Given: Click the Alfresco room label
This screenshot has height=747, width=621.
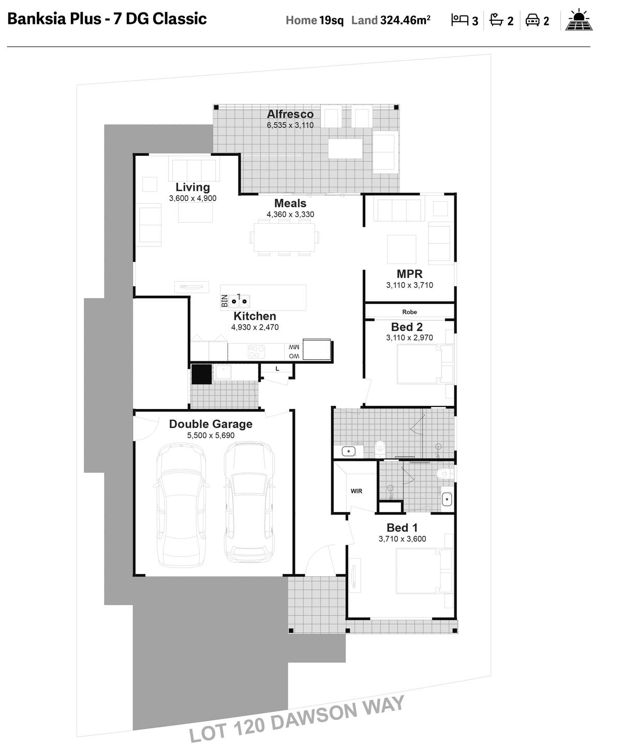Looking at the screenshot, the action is point(290,114).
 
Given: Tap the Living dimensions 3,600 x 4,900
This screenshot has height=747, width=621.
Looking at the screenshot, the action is point(193,198).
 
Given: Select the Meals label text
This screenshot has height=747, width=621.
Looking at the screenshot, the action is point(290,203).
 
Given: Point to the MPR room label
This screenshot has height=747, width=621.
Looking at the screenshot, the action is point(409,274).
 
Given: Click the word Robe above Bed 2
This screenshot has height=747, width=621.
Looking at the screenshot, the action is point(409,312).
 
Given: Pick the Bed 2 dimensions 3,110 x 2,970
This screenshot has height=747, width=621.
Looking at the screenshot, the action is point(409,338).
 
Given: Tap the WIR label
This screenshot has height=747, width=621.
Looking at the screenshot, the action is point(356,491).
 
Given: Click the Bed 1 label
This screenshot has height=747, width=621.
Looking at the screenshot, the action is point(402,528).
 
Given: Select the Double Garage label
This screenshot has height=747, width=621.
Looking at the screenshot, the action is point(211,424).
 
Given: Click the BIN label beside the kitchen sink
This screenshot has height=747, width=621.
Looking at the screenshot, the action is point(224,301).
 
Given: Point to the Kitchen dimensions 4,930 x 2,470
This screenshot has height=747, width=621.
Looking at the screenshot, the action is point(255,327).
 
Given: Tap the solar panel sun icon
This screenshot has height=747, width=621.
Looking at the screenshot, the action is point(579,20).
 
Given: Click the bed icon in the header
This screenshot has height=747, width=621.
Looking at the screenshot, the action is point(460,20).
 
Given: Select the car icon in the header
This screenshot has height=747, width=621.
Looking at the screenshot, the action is point(533,20).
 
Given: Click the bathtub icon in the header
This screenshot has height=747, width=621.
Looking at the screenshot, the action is point(496,20).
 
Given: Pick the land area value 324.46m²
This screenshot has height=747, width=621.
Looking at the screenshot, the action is point(405,20).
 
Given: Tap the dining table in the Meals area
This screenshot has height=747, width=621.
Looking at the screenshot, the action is point(285,238).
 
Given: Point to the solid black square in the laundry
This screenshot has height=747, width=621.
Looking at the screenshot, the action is point(202,374).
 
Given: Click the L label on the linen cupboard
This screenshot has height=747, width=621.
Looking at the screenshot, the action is point(277,369).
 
